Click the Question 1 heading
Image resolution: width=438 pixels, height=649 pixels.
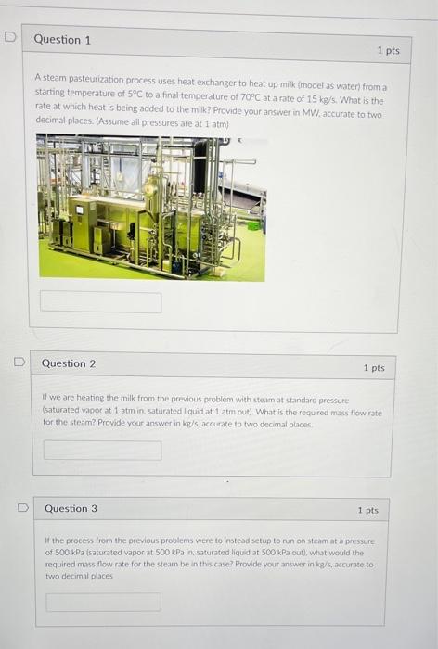(62, 40)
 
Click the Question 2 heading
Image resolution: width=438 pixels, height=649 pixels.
(68, 363)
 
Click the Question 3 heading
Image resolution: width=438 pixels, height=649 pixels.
(71, 508)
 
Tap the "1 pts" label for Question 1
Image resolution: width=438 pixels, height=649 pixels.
(388, 50)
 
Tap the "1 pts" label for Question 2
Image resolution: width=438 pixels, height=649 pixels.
(374, 368)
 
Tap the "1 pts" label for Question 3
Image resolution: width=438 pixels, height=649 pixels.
(367, 510)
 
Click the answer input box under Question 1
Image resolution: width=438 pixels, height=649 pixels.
(100, 302)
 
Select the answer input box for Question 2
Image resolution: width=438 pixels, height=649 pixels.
(102, 450)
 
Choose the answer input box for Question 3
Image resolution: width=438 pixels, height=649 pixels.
(103, 602)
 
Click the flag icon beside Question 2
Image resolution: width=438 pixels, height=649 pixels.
(18, 363)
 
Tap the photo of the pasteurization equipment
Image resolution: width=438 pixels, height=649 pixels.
(151, 207)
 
